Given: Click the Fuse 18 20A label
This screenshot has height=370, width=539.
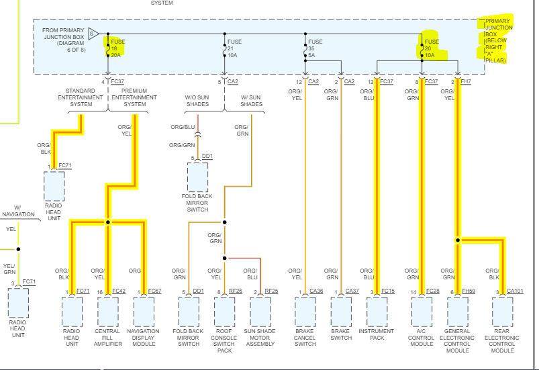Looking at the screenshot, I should [x=117, y=48].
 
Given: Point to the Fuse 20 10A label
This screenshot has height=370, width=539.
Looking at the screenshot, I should [x=432, y=48].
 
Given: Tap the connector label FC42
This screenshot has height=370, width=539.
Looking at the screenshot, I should [x=118, y=291].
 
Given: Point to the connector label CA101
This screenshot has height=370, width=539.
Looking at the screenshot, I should [x=515, y=291].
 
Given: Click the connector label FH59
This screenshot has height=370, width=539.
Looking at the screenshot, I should [x=468, y=291].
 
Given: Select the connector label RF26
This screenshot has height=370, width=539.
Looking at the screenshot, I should [x=235, y=291].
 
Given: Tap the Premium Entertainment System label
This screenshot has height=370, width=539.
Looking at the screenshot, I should [x=134, y=97].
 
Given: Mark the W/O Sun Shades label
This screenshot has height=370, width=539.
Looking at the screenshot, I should [x=198, y=100].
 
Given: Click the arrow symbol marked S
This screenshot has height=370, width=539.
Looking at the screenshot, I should [x=93, y=33].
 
